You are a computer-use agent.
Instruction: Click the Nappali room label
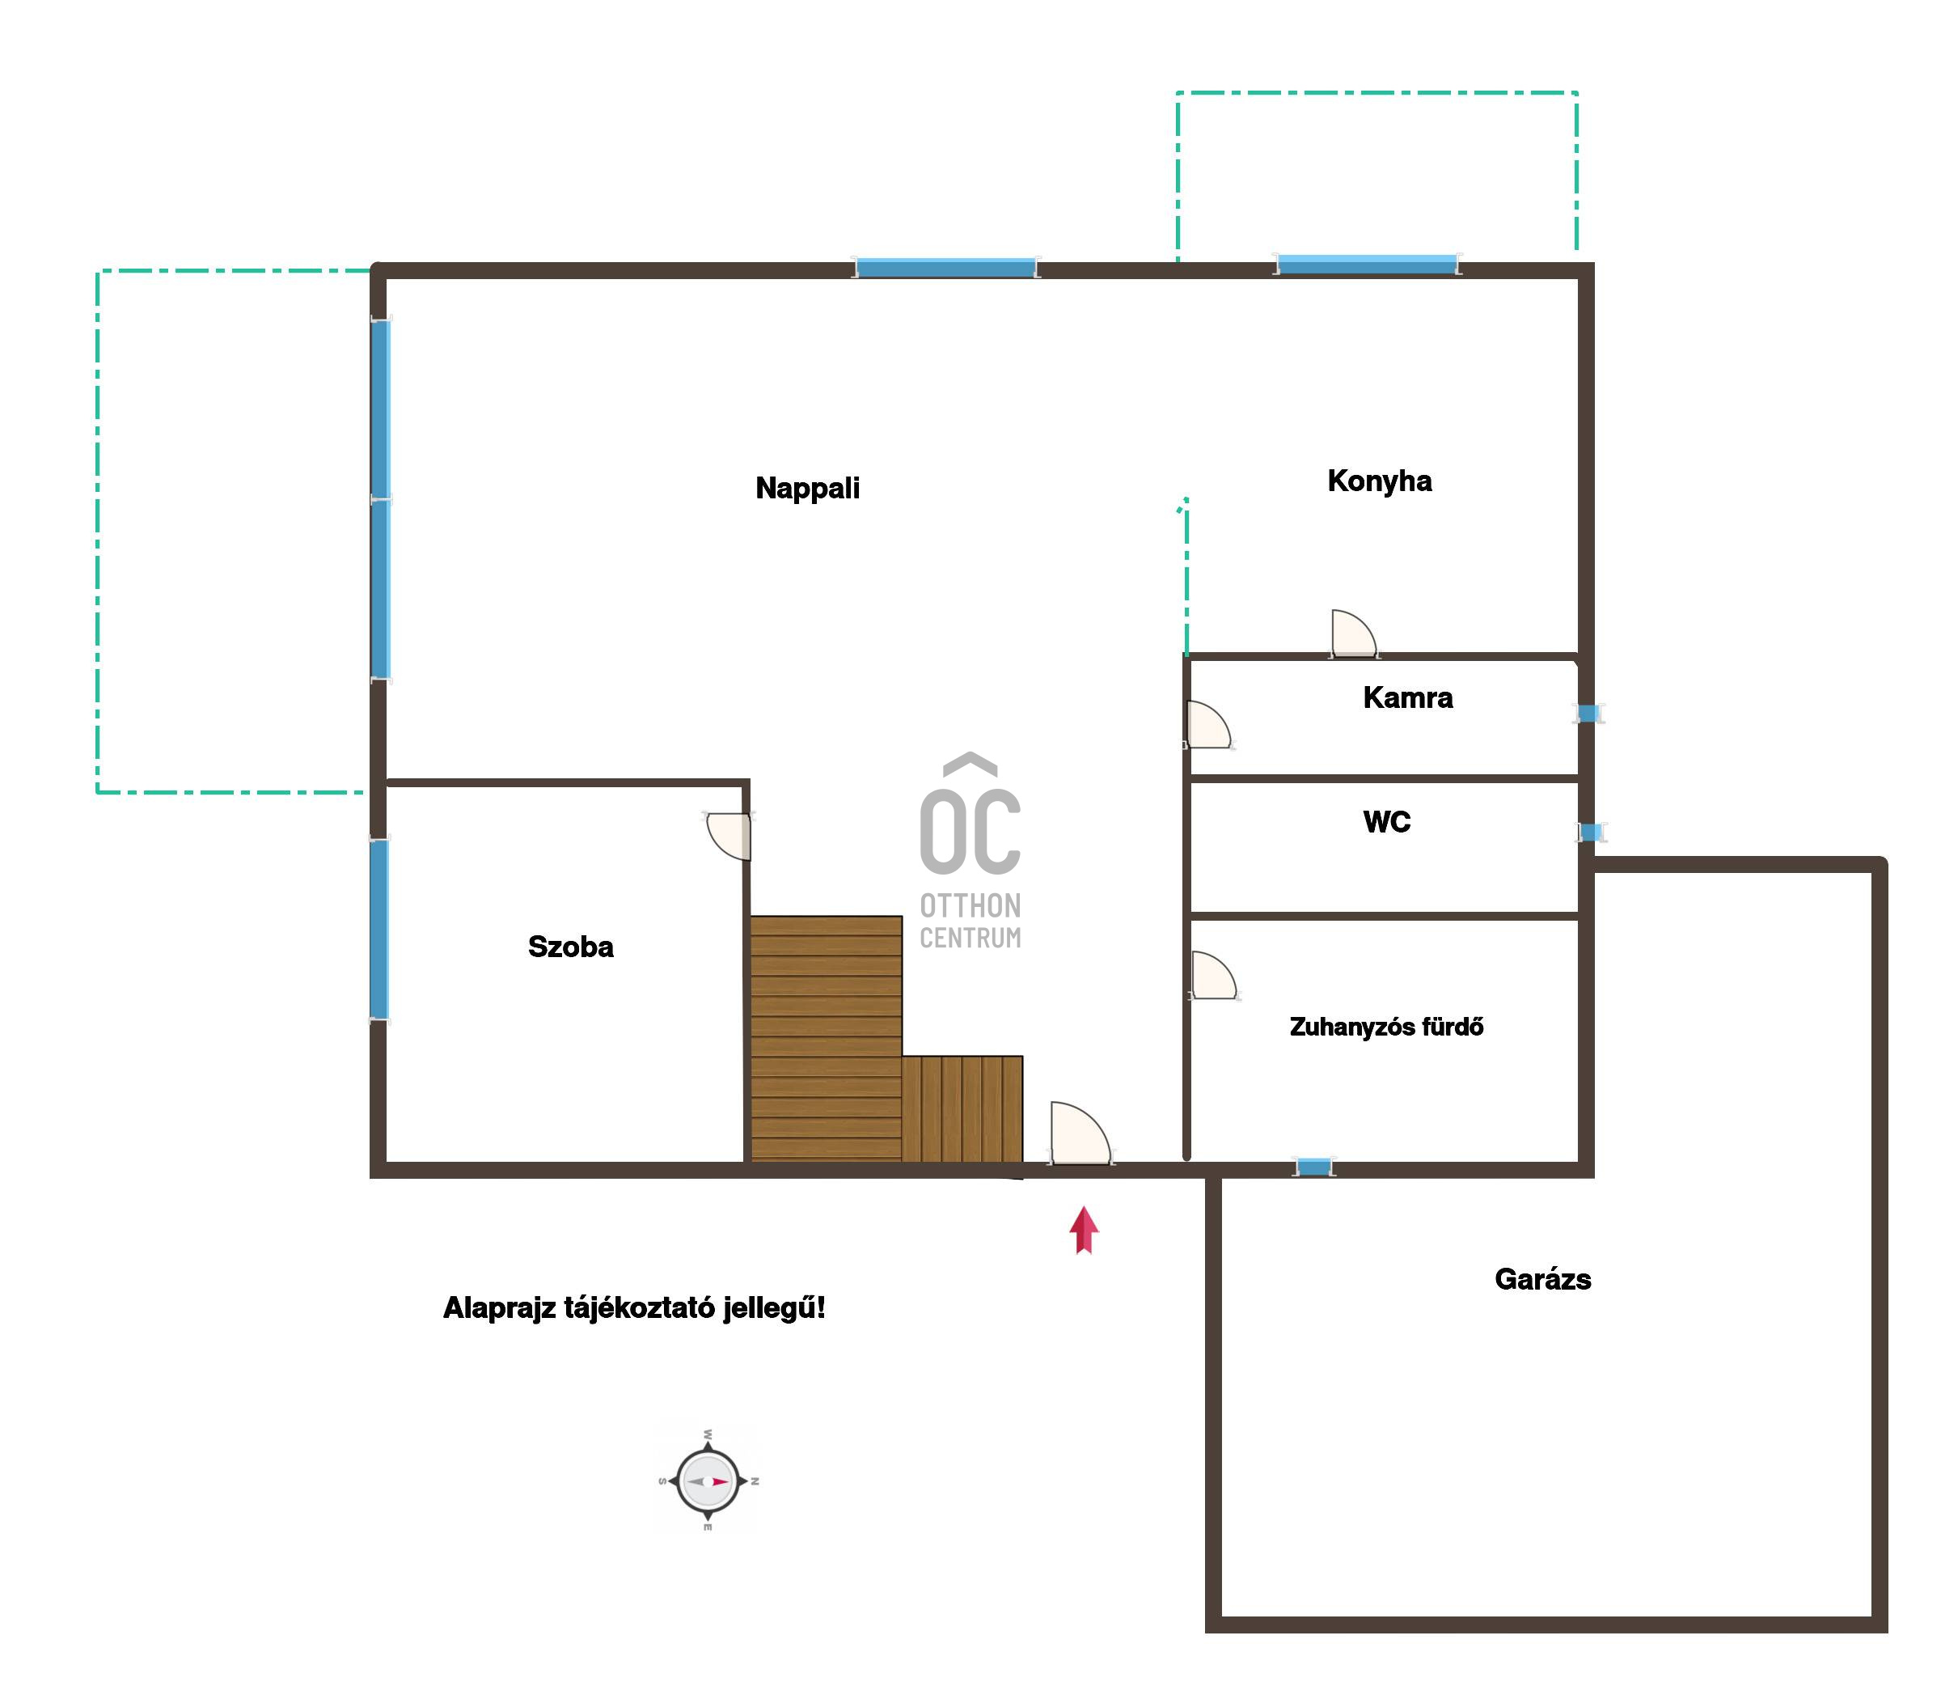pos(807,489)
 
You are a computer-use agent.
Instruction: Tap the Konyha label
pos(1379,481)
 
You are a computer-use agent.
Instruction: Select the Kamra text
pos(1407,697)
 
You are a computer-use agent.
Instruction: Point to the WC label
pos(1386,822)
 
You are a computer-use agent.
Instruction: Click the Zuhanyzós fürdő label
pos(1386,1027)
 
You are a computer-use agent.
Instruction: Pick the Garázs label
pos(1543,1279)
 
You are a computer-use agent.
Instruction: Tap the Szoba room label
pos(570,947)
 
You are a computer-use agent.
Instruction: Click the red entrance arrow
pos(1085,1230)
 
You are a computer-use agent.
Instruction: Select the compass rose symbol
pos(708,1480)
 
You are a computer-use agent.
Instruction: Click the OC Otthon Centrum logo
pos(970,851)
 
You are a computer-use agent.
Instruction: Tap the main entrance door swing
pos(1080,1133)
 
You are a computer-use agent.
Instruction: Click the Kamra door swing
pos(1208,724)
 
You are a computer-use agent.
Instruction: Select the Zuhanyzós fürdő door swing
pos(1214,975)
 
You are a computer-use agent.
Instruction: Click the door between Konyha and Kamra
pos(1353,633)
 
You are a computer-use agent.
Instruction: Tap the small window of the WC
pos(1589,833)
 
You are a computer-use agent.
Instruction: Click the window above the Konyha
pos(1367,264)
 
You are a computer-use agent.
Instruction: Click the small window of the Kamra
pos(1588,713)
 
